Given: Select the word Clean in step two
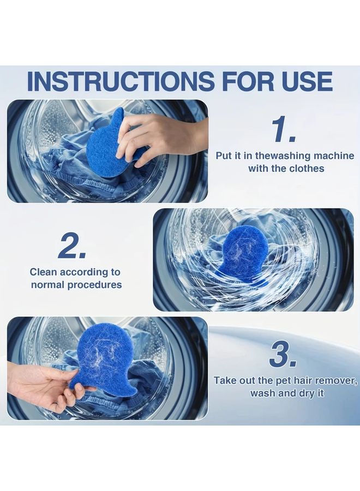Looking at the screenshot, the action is [44, 272].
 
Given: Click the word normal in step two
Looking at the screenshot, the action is [48, 285].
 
